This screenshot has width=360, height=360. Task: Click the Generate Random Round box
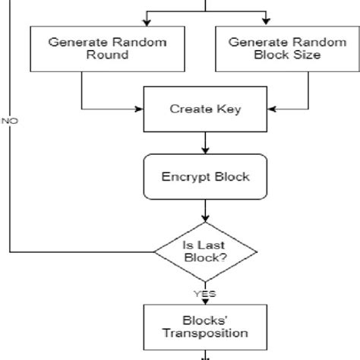[107, 49]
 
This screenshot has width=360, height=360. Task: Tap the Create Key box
[205, 109]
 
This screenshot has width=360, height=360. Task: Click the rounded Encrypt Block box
[205, 177]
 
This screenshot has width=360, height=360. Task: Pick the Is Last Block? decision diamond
[205, 251]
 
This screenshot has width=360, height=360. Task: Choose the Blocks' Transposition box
[205, 326]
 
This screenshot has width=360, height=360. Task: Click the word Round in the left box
[108, 55]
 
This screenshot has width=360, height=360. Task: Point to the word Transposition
[205, 333]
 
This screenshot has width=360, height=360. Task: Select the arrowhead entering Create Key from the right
[270, 109]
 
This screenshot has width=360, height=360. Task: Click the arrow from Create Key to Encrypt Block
[205, 142]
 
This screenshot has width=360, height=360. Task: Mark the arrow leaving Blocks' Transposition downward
[205, 354]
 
